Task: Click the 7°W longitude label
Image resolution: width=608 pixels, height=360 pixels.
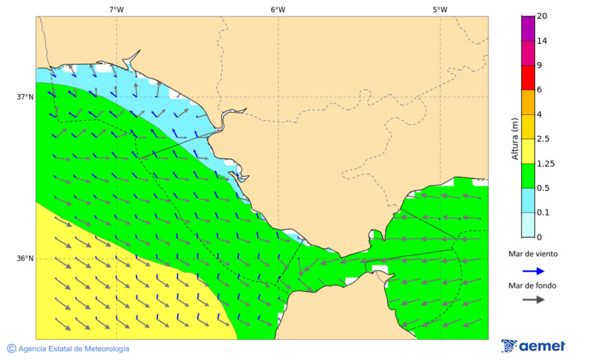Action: tap(116, 9)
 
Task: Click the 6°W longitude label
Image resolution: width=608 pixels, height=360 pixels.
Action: tap(278, 9)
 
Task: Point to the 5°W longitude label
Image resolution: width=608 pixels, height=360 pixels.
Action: tap(440, 9)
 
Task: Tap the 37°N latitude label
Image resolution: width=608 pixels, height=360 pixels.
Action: tap(25, 97)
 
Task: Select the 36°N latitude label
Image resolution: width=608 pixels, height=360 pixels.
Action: tap(25, 259)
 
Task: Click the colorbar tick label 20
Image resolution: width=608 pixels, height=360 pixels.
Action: tap(541, 16)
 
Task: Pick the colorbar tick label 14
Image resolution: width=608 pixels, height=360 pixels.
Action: tap(541, 41)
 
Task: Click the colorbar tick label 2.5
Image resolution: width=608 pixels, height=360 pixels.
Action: tap(542, 139)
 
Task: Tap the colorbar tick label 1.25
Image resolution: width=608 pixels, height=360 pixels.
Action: tap(544, 163)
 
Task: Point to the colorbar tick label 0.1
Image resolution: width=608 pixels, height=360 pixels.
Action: tap(542, 213)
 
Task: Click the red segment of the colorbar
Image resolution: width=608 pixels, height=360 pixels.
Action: tap(527, 78)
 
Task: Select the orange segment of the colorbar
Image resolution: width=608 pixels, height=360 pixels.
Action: tap(527, 102)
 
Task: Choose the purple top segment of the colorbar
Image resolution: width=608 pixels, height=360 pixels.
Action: tap(527, 28)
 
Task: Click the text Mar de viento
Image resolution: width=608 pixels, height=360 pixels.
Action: tap(533, 254)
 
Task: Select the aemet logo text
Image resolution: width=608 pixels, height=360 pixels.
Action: tap(542, 346)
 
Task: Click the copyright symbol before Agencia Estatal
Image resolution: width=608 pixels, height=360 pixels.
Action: tap(11, 349)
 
